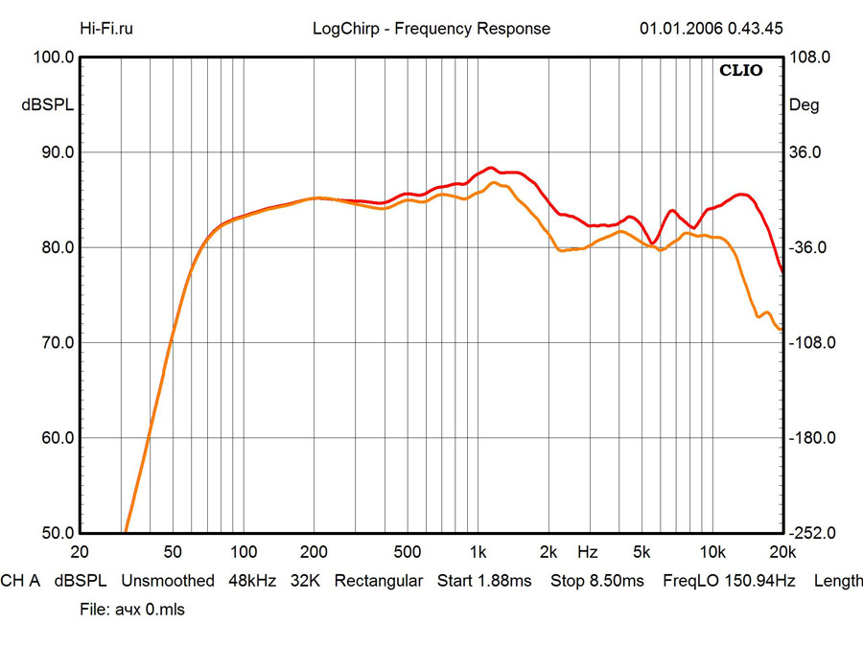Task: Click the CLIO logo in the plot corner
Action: point(741,71)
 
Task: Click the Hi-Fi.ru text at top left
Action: point(107,28)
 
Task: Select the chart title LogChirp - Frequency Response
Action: point(431,28)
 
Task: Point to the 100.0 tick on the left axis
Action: point(54,58)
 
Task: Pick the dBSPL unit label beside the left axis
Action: point(48,105)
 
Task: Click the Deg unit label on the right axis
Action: point(804,105)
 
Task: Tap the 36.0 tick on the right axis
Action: point(806,152)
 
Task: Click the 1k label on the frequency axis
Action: point(478,552)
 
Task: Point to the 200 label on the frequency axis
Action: point(315,552)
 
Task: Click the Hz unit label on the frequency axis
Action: point(588,552)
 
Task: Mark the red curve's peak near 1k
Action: point(490,168)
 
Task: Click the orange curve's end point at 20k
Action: point(782,329)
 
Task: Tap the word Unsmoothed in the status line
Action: point(168,581)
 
